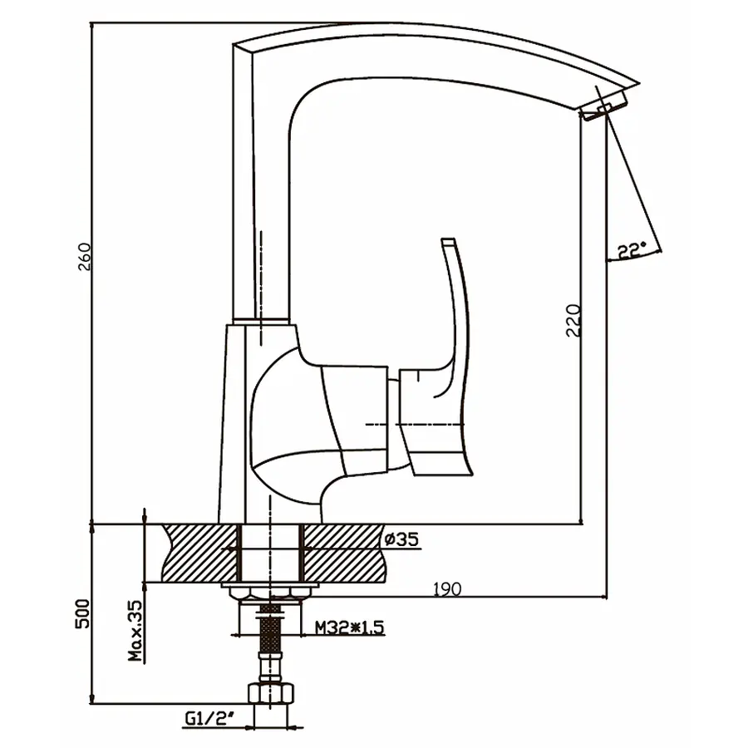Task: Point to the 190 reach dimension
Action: pos(447,588)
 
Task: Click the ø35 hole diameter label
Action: pos(401,540)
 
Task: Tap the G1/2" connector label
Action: pos(206,716)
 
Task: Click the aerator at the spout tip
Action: pos(604,109)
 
